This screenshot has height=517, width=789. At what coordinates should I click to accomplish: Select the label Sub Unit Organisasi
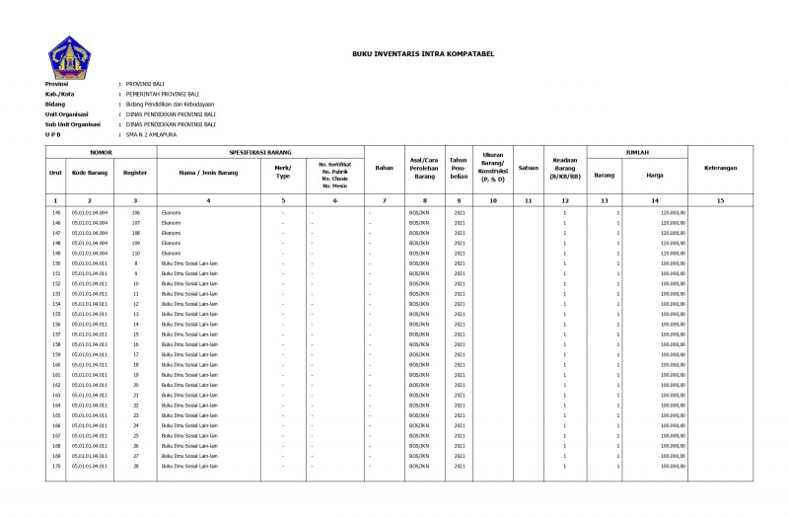pyautogui.click(x=73, y=124)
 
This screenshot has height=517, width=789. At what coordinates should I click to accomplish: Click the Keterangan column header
pyautogui.click(x=720, y=169)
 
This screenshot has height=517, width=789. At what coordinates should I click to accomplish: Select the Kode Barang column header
pyautogui.click(x=91, y=173)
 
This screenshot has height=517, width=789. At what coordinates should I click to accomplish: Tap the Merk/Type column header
pyautogui.click(x=283, y=173)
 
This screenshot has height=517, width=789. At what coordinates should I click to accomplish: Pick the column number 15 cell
pyautogui.click(x=720, y=200)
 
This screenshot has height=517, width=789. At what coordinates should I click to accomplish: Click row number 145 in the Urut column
pyautogui.click(x=55, y=212)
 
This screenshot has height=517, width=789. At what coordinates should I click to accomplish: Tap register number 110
pyautogui.click(x=136, y=253)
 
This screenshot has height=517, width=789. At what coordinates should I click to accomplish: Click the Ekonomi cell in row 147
pyautogui.click(x=171, y=233)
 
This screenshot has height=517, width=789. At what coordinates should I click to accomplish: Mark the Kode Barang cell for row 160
pyautogui.click(x=90, y=365)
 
